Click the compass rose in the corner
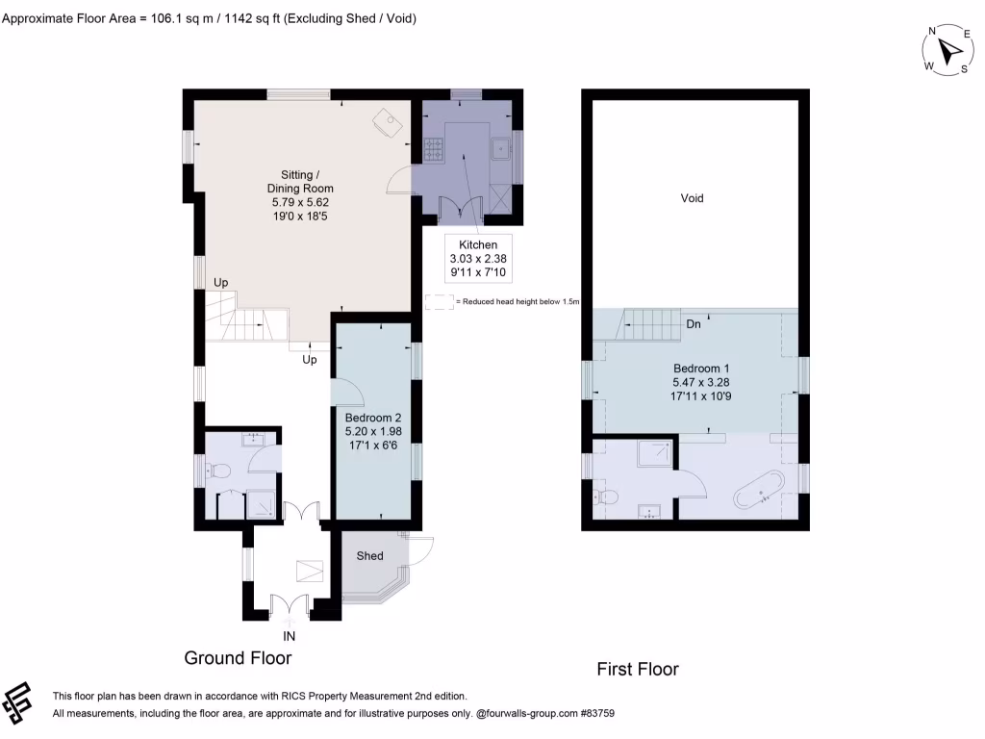[x=948, y=48]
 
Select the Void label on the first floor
[x=692, y=198]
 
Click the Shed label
[x=370, y=555]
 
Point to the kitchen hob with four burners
[x=432, y=150]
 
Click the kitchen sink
[x=500, y=150]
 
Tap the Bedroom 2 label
[x=373, y=418]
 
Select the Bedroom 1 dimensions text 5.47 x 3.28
[x=695, y=382]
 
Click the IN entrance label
[x=289, y=636]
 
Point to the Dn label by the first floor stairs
[x=693, y=324]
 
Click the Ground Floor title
[x=238, y=657]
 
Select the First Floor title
[x=638, y=669]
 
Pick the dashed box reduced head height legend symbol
[x=439, y=301]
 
